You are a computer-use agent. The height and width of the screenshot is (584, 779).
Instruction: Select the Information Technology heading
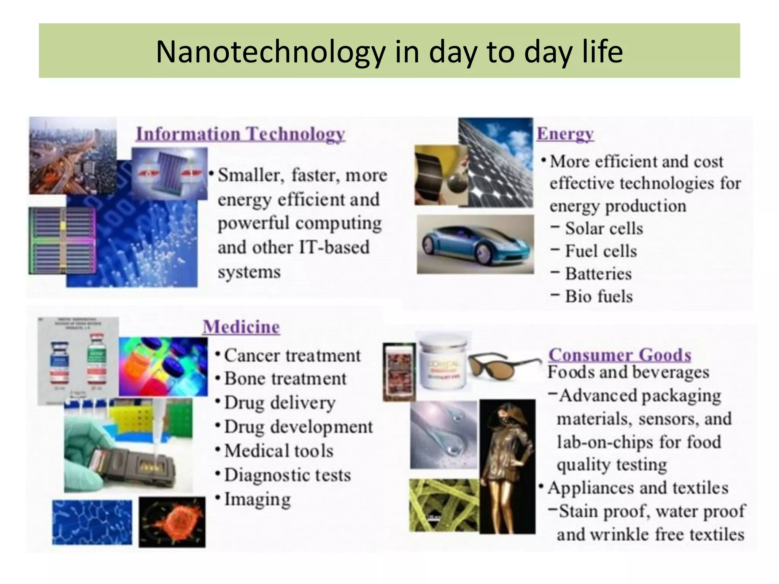[240, 134]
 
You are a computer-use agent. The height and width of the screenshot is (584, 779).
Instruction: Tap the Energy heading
[565, 134]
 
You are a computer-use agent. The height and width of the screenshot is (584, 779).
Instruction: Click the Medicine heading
[241, 327]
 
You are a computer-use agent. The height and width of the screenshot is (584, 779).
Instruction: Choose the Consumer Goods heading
[619, 355]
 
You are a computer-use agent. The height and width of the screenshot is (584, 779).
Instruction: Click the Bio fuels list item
[598, 297]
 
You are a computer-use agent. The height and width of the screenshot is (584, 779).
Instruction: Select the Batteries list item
[598, 274]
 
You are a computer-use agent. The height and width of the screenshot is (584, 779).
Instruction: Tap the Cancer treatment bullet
[292, 356]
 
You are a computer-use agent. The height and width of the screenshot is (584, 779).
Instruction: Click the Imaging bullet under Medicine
[257, 499]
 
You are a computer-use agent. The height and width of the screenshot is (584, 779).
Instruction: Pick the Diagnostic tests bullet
[287, 475]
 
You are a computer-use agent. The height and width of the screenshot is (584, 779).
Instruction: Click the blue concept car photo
[475, 244]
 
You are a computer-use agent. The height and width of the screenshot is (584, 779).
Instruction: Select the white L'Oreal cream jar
[443, 361]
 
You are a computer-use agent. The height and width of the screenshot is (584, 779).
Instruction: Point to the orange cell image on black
[172, 522]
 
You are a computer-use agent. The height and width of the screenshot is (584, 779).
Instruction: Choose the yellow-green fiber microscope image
[443, 505]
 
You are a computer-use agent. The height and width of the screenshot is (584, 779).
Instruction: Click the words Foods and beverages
[628, 372]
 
